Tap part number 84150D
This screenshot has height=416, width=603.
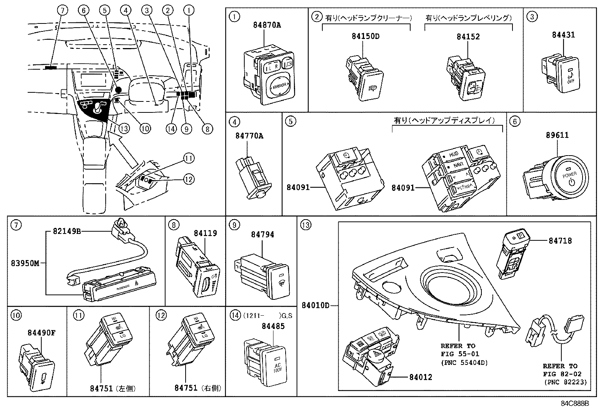coord(365,36)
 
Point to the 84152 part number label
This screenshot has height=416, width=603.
coord(468,36)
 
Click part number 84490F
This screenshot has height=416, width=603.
coord(41,333)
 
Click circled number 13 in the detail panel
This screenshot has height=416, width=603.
coord(305,225)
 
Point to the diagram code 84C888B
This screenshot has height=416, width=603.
coord(575,403)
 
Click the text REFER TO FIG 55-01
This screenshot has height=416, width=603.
coord(460,350)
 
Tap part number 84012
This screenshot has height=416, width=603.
coord(420,377)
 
